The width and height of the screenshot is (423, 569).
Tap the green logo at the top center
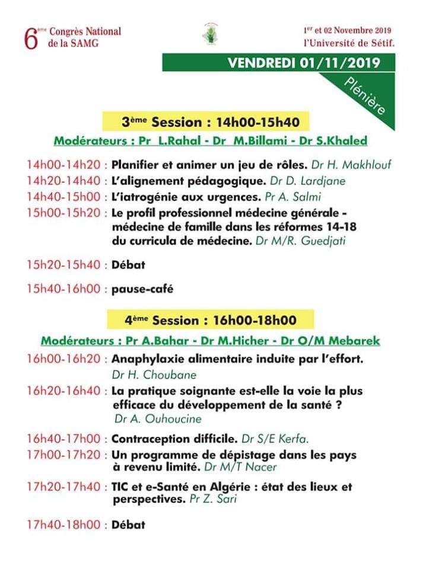pyautogui.click(x=210, y=34)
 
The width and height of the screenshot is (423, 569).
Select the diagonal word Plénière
pyautogui.click(x=364, y=96)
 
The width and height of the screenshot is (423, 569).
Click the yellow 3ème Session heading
pyautogui.click(x=207, y=123)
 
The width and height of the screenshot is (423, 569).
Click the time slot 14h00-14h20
pyautogui.click(x=64, y=164)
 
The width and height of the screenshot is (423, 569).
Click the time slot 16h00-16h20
pyautogui.click(x=64, y=359)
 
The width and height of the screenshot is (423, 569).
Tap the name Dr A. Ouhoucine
pyautogui.click(x=158, y=419)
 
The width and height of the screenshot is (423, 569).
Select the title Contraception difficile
pyautogui.click(x=174, y=439)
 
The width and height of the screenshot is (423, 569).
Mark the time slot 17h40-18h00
pyautogui.click(x=64, y=525)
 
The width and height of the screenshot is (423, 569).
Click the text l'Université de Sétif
pyautogui.click(x=349, y=43)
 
